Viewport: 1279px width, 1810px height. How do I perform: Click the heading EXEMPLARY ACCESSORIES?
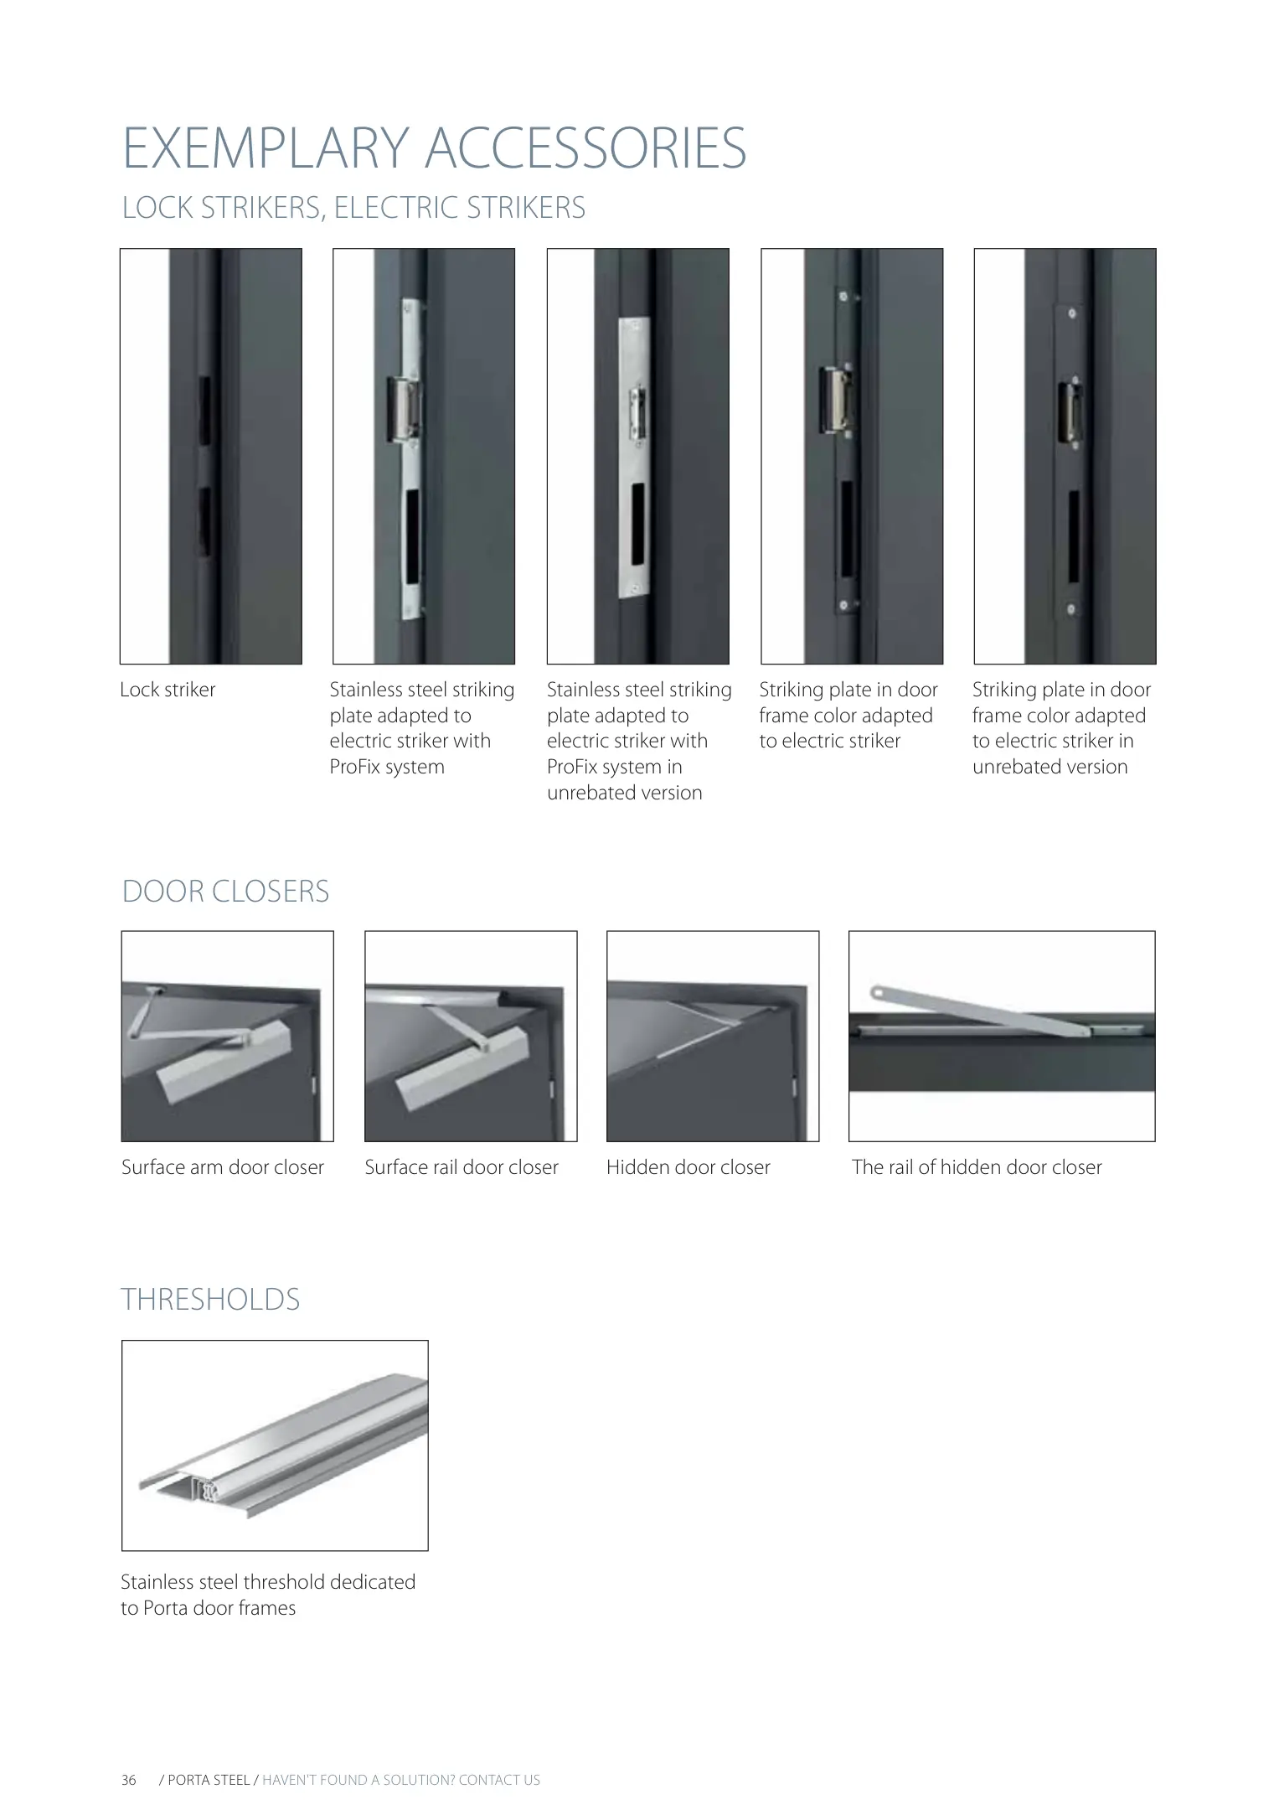point(434,148)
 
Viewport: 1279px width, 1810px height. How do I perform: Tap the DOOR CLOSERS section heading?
point(226,891)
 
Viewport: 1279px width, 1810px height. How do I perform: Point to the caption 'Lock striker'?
point(168,690)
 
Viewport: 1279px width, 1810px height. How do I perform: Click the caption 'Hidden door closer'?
point(688,1167)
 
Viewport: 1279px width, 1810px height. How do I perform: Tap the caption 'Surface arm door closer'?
point(223,1167)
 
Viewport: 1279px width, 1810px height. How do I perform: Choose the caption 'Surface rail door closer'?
point(462,1167)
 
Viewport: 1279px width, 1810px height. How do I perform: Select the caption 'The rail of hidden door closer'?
point(977,1167)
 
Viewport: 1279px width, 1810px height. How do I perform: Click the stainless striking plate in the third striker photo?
point(634,458)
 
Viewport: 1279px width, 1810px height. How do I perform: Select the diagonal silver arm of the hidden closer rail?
point(980,1011)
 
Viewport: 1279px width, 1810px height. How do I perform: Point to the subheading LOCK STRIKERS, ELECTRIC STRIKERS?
point(353,208)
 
